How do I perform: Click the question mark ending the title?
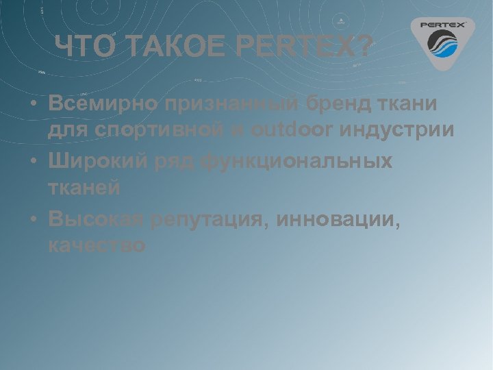tap(366, 47)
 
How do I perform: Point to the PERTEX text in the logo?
tap(442, 25)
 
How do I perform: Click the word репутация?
tap(203, 219)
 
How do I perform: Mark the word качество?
tap(97, 245)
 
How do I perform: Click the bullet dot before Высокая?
tap(34, 219)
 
